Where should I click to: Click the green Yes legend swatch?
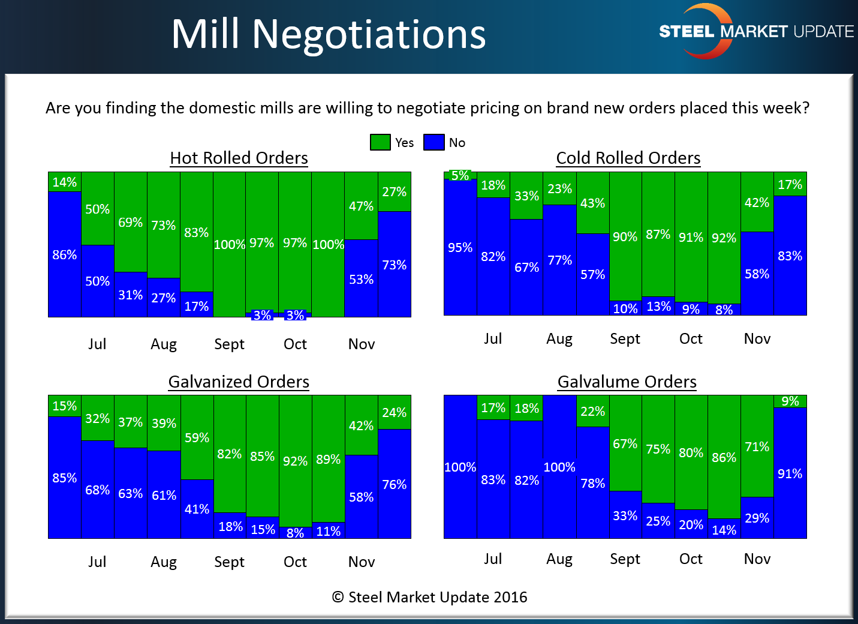point(380,142)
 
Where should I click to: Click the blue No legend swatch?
point(433,142)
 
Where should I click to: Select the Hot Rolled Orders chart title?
point(239,158)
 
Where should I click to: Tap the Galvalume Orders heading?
point(627,382)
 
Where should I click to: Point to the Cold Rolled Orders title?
point(628,158)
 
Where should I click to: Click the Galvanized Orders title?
point(239,382)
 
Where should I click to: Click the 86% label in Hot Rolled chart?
point(65,254)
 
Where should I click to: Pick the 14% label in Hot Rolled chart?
point(65,182)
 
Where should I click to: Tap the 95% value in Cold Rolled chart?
point(460,247)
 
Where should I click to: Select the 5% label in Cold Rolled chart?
point(460,175)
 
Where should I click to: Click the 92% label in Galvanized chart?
point(295,461)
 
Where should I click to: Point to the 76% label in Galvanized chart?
point(394,484)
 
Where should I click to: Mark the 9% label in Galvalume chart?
point(790,401)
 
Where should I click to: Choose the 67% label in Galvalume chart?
point(625,443)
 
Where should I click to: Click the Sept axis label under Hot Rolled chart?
point(229,344)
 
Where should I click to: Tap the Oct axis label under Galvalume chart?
point(691,559)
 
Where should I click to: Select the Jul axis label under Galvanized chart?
point(97,562)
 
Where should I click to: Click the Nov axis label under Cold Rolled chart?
point(757,338)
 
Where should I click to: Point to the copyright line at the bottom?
point(429,597)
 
